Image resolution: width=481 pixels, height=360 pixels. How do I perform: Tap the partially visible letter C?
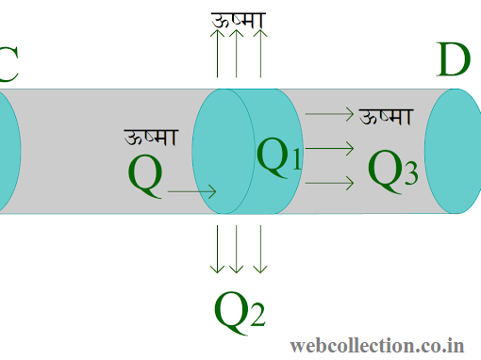8,65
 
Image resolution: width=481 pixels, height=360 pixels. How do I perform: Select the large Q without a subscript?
144,176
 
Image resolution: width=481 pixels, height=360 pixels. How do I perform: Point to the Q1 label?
280,156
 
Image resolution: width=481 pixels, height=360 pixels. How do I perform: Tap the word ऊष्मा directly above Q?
151,138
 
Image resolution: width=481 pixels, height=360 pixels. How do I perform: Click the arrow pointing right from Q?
192,192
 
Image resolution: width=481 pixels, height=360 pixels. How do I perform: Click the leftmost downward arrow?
218,249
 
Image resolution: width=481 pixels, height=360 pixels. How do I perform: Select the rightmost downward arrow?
260,249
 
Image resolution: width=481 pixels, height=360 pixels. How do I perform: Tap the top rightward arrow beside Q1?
330,115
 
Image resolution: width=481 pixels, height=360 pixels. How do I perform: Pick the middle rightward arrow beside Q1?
330,148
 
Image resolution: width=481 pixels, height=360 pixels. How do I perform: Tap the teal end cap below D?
451,151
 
